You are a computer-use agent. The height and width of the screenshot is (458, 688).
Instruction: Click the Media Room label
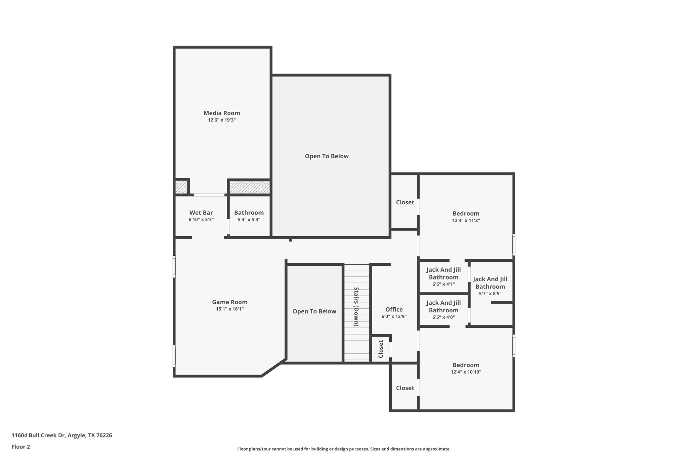[x=222, y=113]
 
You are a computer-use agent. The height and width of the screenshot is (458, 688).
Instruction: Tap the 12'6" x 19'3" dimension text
[x=222, y=120]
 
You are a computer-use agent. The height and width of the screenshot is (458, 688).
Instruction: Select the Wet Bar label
[x=201, y=213]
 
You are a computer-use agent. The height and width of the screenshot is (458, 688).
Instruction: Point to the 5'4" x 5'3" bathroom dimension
[x=249, y=220]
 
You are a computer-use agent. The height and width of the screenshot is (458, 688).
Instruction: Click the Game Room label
[x=229, y=302]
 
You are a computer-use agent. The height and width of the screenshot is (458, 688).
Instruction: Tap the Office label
[x=394, y=309]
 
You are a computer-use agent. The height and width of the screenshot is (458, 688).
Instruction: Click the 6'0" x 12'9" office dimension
[x=394, y=316]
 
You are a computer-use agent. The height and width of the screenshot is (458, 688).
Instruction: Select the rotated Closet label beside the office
[x=381, y=349]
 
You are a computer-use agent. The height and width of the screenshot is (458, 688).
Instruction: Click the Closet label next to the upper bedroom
[x=405, y=202]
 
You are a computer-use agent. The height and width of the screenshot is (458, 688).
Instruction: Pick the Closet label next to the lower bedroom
[x=405, y=388]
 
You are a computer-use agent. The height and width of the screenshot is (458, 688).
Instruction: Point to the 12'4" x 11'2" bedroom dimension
[x=466, y=220]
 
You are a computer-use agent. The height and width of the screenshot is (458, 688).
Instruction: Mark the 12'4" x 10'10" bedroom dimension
[x=466, y=372]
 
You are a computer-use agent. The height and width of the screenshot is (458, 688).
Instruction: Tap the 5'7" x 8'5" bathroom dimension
[x=490, y=294]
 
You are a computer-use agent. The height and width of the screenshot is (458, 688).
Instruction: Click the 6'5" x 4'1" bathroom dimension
[x=443, y=284]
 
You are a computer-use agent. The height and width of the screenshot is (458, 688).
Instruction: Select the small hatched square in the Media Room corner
[x=181, y=187]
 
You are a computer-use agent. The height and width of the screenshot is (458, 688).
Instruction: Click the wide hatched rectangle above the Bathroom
[x=249, y=187]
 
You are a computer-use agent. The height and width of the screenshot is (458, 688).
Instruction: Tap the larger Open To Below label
[x=327, y=156]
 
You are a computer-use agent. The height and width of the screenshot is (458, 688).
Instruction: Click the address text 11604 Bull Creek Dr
[x=39, y=436]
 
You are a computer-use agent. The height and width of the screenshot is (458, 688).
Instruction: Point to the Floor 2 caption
[x=21, y=447]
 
